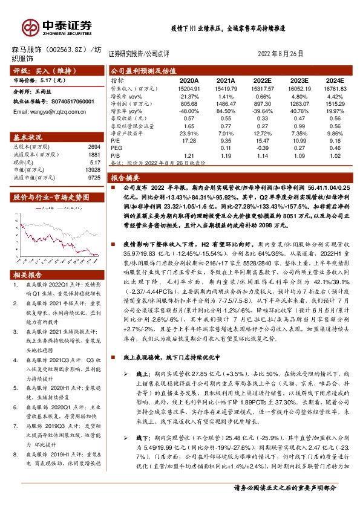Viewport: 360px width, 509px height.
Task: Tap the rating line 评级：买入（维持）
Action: point(42,71)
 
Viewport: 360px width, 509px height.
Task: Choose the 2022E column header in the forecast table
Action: point(262,80)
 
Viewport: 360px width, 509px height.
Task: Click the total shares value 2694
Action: point(94,147)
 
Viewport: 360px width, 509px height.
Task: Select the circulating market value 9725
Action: point(94,178)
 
